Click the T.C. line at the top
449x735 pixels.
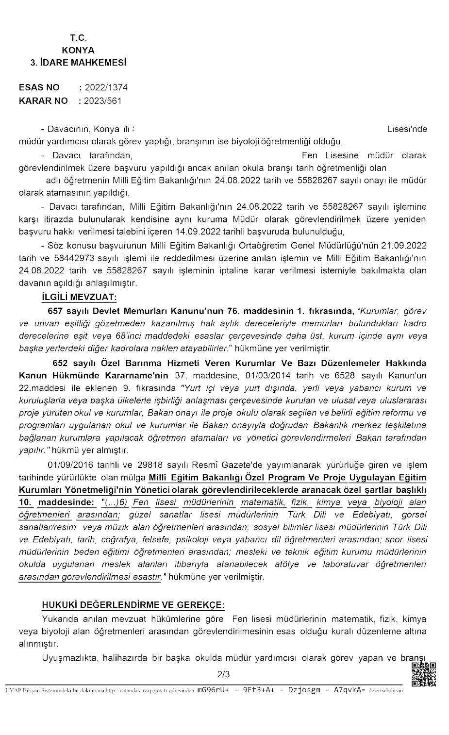78,37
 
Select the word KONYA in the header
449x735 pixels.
78,50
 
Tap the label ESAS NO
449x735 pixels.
39,87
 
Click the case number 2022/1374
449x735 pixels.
106,87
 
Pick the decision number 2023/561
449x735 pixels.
103,101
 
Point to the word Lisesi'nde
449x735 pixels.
407,129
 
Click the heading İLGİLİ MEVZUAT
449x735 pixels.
79,297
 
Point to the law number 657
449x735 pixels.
55,311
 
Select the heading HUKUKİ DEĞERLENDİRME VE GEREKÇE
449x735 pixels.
133,604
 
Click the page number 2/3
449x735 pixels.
224,674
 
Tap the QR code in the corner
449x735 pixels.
423,674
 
